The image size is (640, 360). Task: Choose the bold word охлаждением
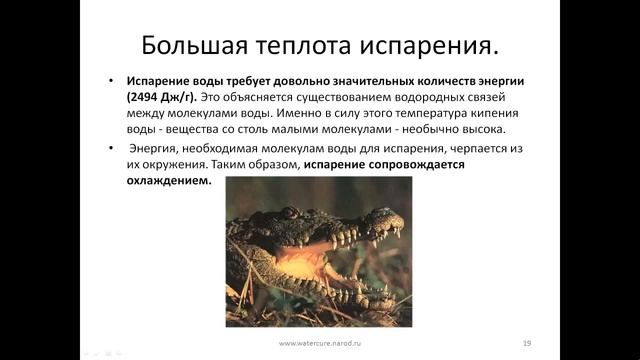pos(170,181)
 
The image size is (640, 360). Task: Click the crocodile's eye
pos(289,213)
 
